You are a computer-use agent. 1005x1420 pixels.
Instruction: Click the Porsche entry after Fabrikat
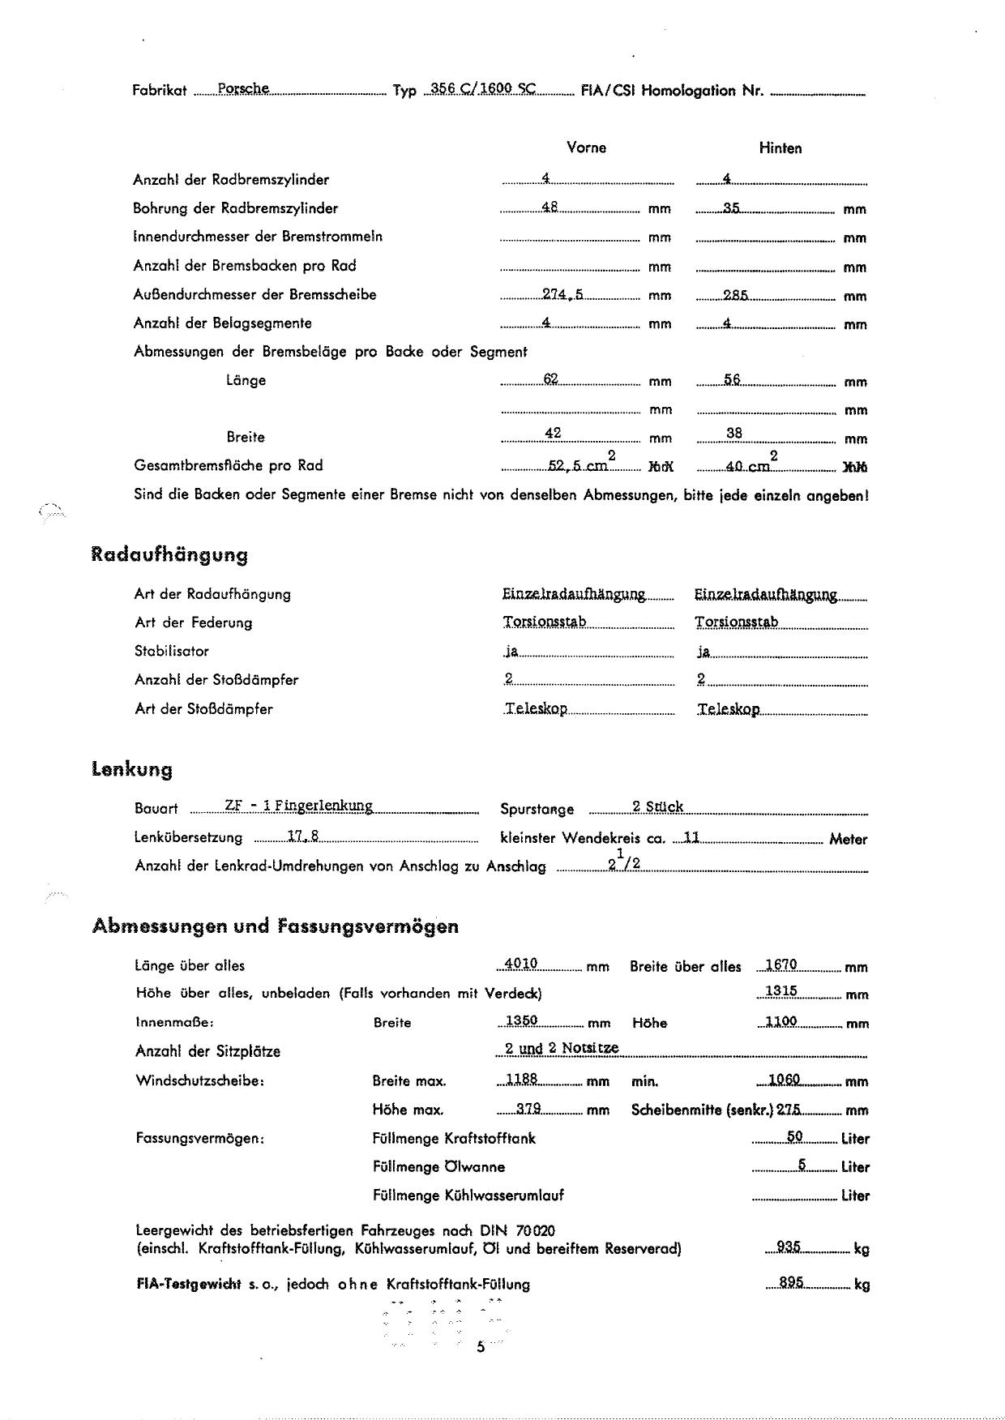coord(243,89)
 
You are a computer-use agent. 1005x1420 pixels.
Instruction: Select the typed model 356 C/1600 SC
coord(484,89)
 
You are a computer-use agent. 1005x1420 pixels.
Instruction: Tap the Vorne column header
coord(586,148)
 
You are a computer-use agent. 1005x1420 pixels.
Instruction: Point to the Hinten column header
coord(780,148)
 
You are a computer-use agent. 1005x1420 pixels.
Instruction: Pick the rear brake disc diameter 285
coord(735,295)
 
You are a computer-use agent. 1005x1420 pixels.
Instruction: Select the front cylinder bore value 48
coord(549,207)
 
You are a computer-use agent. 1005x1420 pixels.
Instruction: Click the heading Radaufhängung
coord(169,555)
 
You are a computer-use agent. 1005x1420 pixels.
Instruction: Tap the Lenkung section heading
coord(132,769)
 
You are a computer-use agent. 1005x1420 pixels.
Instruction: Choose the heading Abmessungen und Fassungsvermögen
coord(276,926)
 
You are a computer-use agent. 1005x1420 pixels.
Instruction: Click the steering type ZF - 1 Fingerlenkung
coord(298,806)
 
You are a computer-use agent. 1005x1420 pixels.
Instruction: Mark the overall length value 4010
coord(520,964)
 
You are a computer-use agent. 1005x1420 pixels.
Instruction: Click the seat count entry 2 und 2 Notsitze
coord(561,1048)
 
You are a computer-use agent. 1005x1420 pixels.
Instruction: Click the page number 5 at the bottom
coord(481,1347)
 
